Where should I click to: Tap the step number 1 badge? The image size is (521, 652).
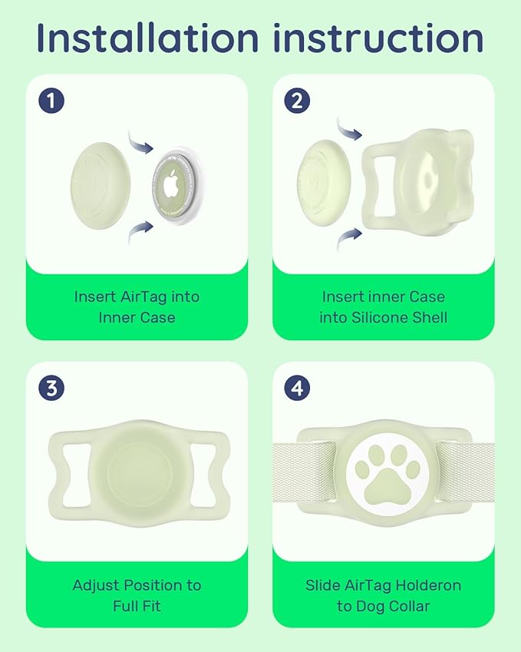(51, 101)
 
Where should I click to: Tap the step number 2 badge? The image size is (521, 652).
(298, 101)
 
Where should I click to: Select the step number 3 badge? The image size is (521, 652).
(51, 388)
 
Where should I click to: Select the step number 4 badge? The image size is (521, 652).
(298, 388)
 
